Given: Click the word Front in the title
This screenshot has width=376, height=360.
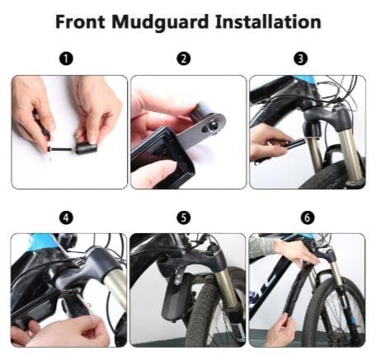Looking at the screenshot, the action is pos(80,21).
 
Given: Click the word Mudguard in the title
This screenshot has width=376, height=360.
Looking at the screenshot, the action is pos(160,22).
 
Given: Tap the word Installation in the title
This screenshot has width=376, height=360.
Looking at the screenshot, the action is pos(268,21).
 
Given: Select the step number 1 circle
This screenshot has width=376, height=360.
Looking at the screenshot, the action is pos(66,58).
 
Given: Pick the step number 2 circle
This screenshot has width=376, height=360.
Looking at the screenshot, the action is pos(184,58).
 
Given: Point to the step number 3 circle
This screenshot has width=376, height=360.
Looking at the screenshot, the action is pos(301,58).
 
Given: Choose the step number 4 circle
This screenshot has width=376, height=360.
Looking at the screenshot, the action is pos(66,218).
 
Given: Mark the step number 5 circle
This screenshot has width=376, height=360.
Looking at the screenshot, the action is pos(184,218).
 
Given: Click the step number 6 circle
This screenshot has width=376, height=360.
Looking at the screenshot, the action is pos(308,218).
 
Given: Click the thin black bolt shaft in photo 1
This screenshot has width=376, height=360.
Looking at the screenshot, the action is pos(61,150).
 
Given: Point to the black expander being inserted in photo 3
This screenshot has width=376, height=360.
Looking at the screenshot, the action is pos(294,143).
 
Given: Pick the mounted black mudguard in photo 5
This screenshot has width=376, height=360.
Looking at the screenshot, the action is pos(176,297).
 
